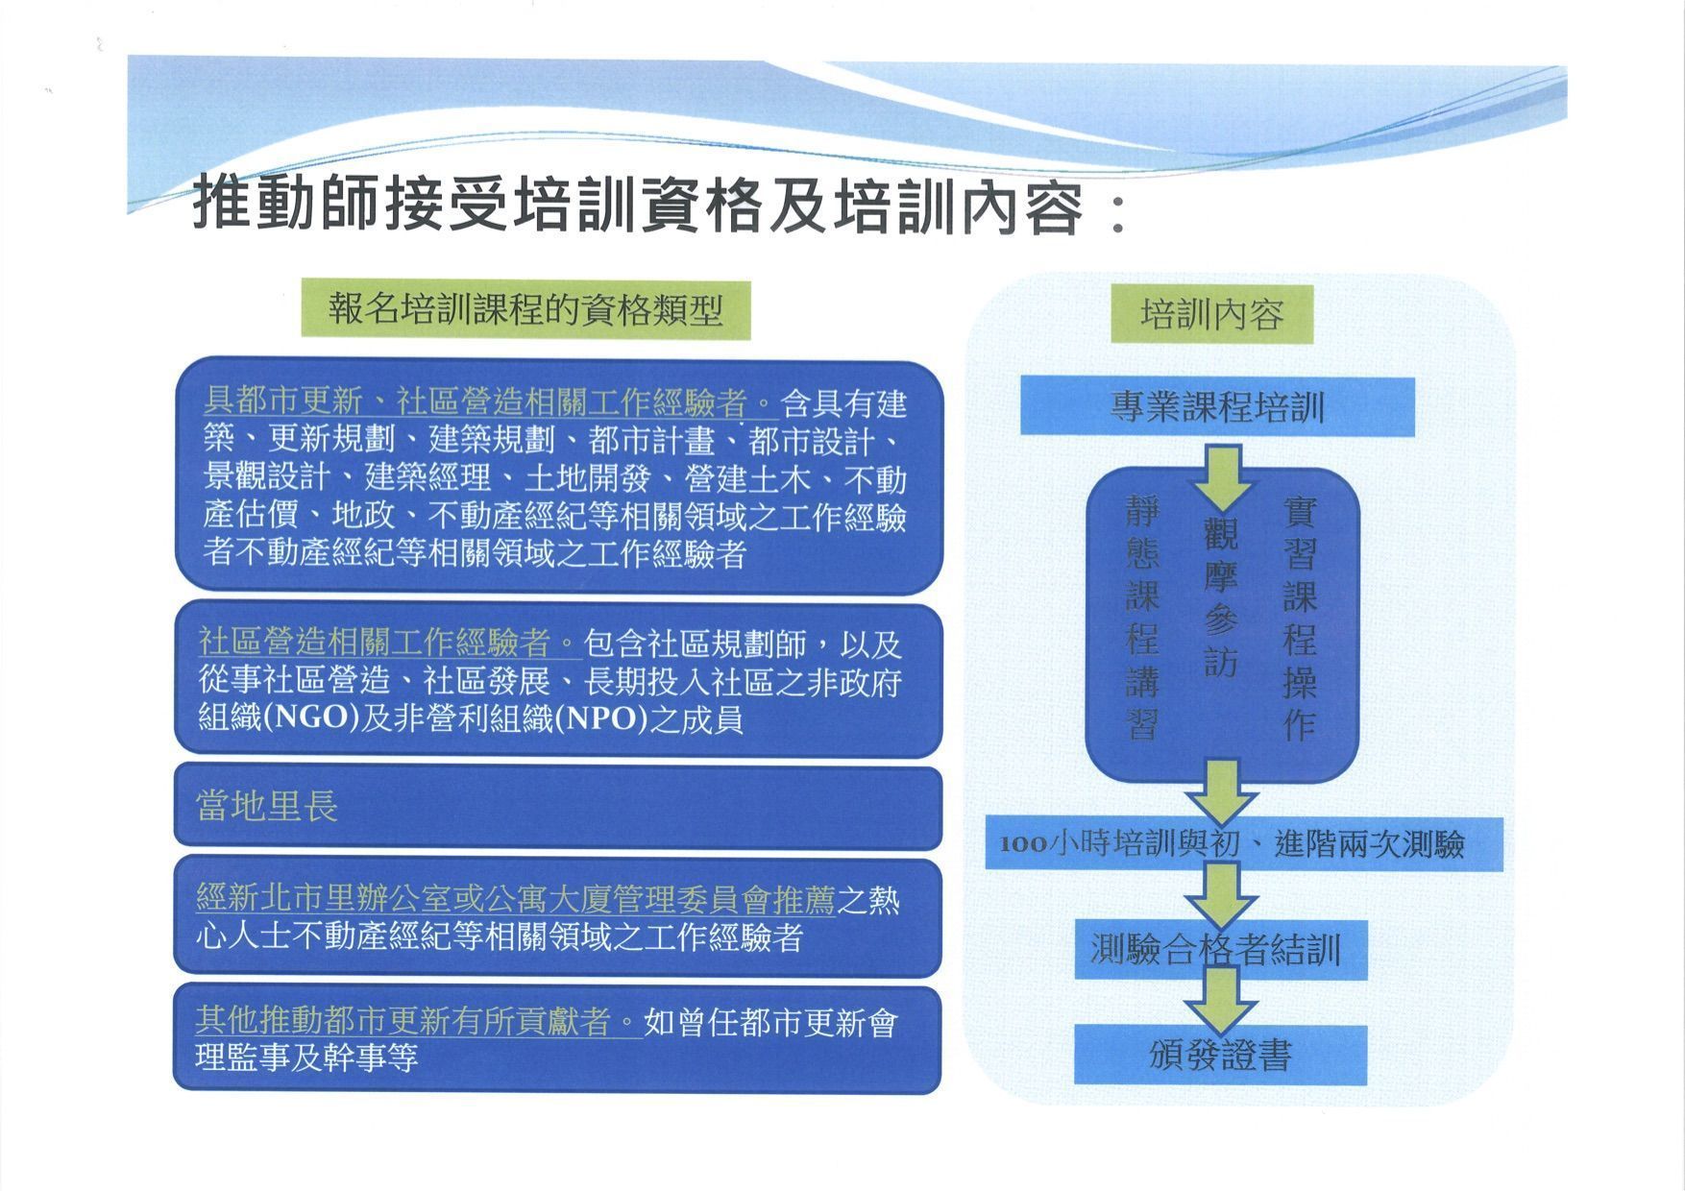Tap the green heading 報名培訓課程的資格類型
coord(525,309)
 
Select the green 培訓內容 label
coord(1211,314)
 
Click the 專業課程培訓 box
coord(1217,406)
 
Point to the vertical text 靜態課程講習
coord(1142,617)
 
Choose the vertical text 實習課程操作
coord(1300,617)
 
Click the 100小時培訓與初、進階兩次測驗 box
coord(1243,844)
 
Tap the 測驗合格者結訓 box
coord(1220,950)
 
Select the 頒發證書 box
coord(1220,1056)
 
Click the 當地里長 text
coord(267,806)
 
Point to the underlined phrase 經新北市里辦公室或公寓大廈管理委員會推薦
coord(515,900)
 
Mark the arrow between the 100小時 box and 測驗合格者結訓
coord(1221,894)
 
